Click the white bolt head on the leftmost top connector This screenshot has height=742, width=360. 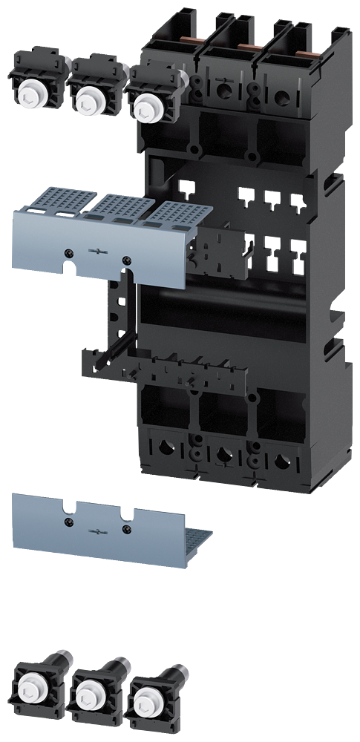tap(31, 95)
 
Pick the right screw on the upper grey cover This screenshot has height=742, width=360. tap(127, 260)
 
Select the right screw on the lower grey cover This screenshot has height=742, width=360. tap(127, 529)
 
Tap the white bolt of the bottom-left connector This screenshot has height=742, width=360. tap(30, 686)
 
